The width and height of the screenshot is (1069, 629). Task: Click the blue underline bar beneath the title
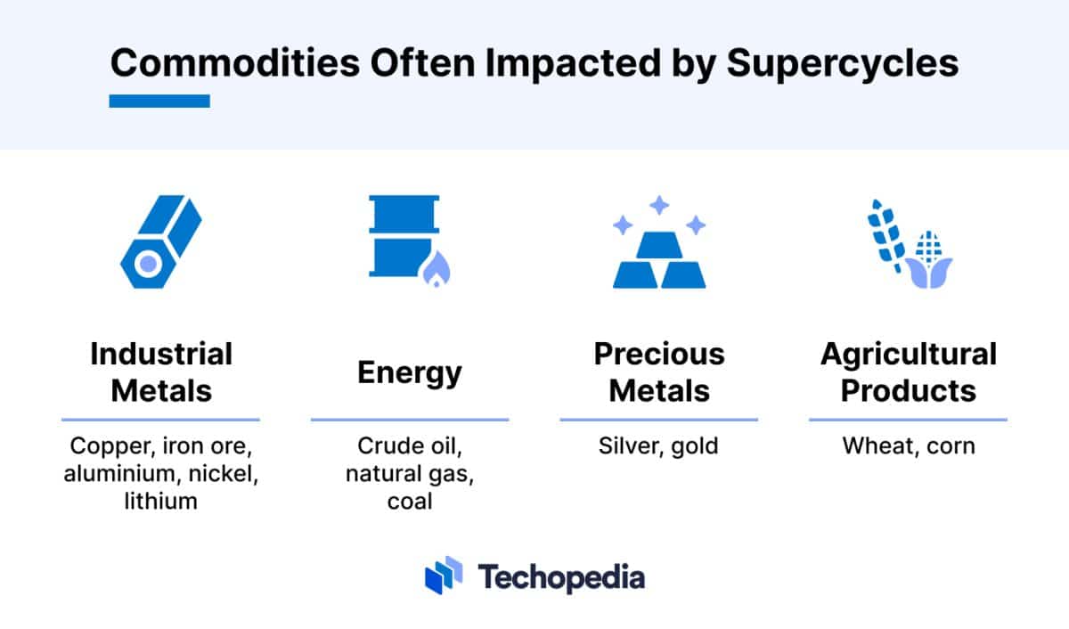(159, 101)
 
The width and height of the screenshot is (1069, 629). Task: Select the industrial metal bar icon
(160, 241)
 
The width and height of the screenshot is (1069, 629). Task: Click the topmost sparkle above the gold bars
(659, 206)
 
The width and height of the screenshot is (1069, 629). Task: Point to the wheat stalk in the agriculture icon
(887, 234)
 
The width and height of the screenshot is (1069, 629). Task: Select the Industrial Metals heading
(160, 372)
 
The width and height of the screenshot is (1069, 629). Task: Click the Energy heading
(410, 372)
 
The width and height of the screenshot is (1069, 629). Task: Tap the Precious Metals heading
(659, 372)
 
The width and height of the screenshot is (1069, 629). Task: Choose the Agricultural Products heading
(909, 372)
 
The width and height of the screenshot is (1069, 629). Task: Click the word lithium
(160, 501)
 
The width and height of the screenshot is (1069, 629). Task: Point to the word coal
(410, 501)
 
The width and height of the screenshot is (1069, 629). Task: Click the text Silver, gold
(659, 445)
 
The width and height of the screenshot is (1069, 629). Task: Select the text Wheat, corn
(909, 445)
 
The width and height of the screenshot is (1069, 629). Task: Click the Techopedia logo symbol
(444, 576)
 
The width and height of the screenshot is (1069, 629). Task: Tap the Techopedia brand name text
(561, 576)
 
